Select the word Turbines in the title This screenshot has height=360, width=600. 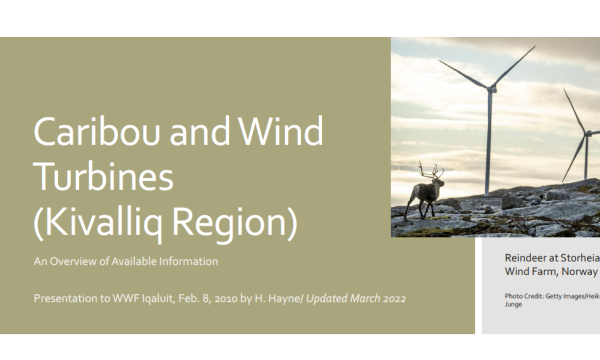tap(103, 177)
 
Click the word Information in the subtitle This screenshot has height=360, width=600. tap(188, 262)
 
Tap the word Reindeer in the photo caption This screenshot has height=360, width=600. tap(528, 257)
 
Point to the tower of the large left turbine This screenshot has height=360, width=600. tap(489, 140)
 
